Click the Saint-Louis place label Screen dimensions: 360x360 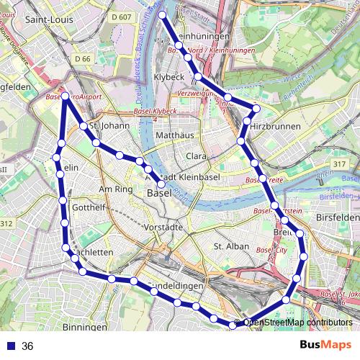(47, 19)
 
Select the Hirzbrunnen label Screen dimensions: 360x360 (277, 125)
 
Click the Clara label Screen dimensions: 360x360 (197, 156)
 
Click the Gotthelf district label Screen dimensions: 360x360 (89, 207)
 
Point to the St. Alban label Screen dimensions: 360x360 (230, 246)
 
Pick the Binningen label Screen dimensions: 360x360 (85, 326)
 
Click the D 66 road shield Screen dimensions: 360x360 (85, 58)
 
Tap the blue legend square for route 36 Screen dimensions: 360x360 (10, 346)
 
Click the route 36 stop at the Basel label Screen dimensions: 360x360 (162, 184)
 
